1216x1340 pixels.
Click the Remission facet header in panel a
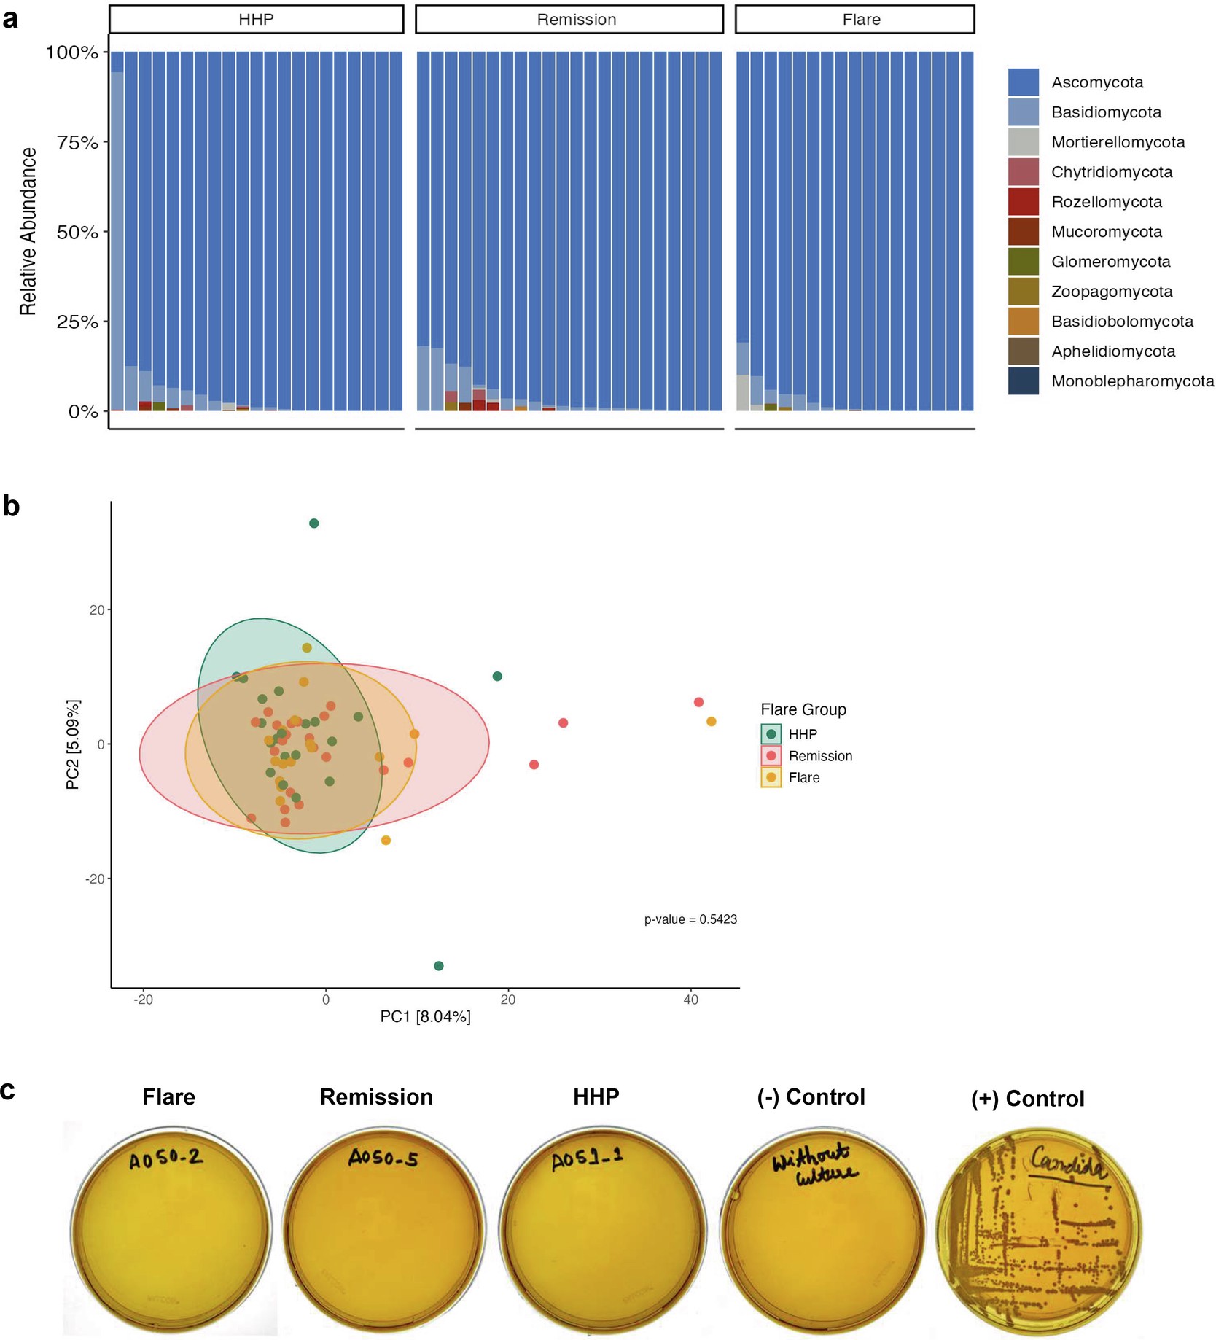[x=576, y=20]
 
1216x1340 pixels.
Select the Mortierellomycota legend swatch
[x=1024, y=142]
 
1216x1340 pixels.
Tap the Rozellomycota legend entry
[x=1106, y=202]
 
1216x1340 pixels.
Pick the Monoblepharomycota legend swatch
[x=1024, y=381]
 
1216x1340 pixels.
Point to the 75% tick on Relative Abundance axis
[x=77, y=142]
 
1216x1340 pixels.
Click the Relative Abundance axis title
[x=28, y=231]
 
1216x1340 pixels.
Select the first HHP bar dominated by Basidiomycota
[x=117, y=241]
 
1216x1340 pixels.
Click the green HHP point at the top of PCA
[x=314, y=523]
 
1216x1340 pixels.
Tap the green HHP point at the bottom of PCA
[x=439, y=966]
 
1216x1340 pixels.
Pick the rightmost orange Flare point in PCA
[x=712, y=722]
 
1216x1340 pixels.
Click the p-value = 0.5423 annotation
[x=690, y=919]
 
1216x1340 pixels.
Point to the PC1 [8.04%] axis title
[x=425, y=1016]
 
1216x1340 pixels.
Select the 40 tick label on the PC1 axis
[x=690, y=1000]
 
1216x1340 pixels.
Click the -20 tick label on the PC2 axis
[x=95, y=879]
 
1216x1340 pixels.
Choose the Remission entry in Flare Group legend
[x=819, y=756]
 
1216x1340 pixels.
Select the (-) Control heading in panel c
[x=811, y=1097]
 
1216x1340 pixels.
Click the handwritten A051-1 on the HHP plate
[x=586, y=1158]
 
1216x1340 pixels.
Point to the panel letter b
[x=11, y=506]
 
